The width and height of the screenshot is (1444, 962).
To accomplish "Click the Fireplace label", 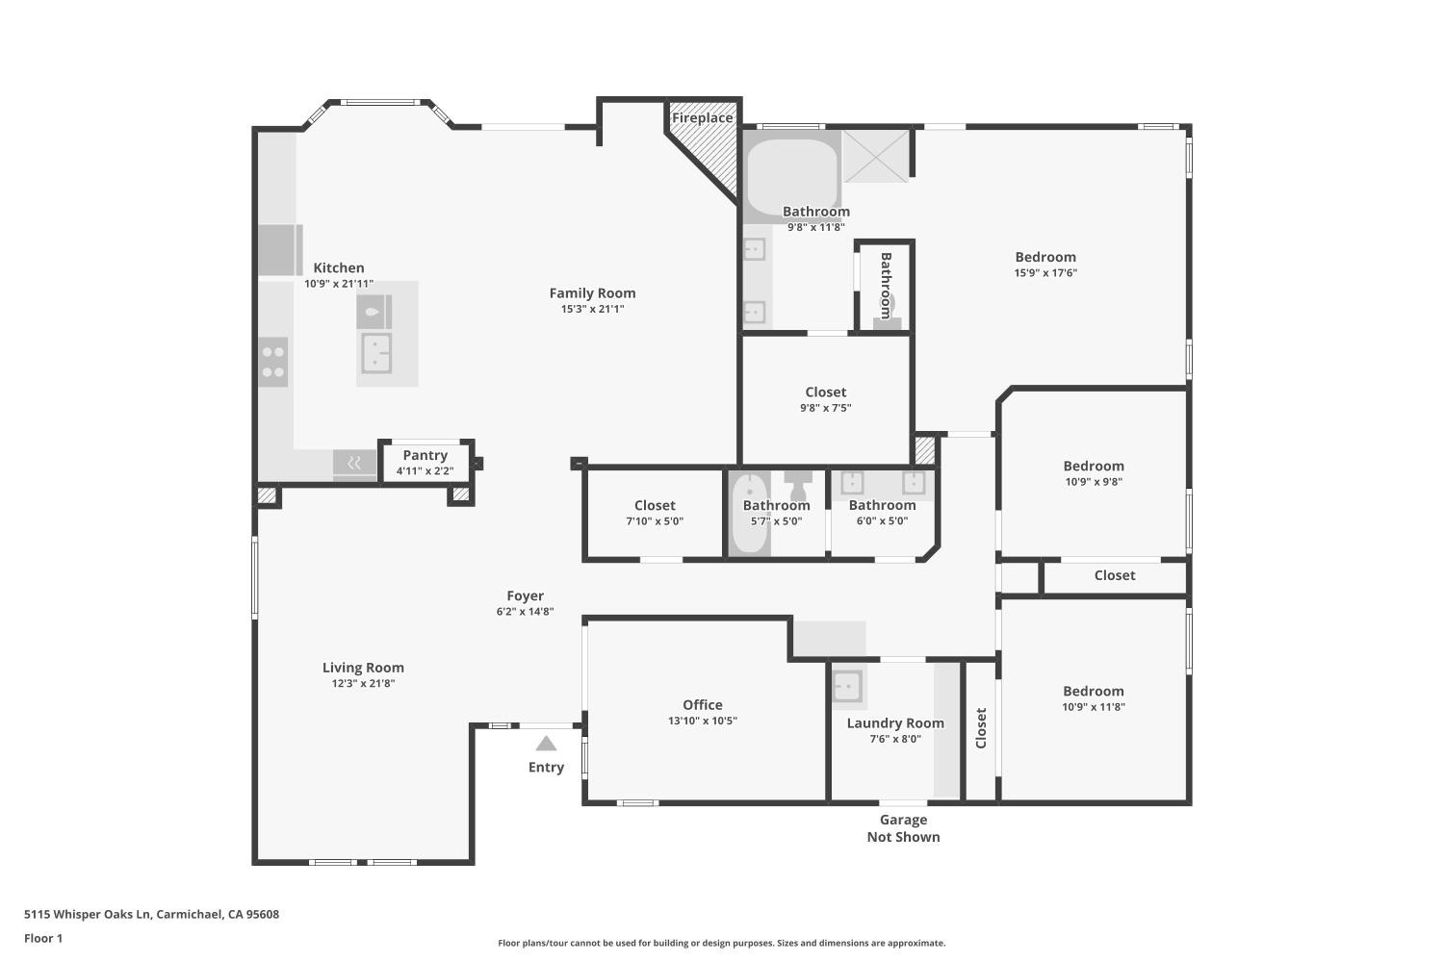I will pos(702,118).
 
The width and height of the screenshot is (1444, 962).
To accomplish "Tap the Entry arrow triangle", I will pos(546,743).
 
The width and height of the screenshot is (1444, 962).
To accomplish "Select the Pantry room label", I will pos(425,455).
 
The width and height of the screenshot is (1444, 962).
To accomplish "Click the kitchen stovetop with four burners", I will pos(273,363).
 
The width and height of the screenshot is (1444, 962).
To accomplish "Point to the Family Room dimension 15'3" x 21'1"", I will pos(592,309).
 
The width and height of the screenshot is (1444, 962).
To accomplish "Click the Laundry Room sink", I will pos(847,686).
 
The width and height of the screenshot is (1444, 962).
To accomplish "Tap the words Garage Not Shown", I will pos(903,828).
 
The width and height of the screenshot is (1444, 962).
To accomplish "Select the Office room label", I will pos(702,705).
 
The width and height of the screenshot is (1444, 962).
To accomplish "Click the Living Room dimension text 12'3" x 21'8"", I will pos(363,684).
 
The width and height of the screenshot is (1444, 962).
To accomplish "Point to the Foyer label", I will pos(525,596).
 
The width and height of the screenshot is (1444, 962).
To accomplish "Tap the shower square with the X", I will pos(876,156).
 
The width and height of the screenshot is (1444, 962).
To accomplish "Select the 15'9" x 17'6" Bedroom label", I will pos(1045,257).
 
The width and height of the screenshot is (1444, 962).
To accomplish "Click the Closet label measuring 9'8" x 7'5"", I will pos(825,392).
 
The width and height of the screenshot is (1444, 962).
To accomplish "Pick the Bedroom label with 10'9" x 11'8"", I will pos(1093,692).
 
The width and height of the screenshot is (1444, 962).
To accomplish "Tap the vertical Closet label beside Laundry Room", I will pos(981,728).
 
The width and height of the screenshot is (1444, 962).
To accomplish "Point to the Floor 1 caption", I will pos(43,938).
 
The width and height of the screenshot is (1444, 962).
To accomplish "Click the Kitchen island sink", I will pos(375,353).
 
